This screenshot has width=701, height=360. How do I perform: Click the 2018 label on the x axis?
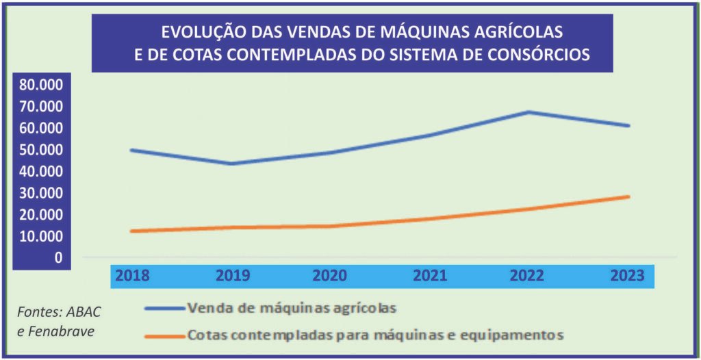point(132,276)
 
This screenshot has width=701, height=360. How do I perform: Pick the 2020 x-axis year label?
point(329,276)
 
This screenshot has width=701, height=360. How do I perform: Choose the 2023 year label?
point(628,276)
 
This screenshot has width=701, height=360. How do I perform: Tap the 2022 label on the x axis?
point(526,276)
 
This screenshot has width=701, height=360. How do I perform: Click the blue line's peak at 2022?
point(528,112)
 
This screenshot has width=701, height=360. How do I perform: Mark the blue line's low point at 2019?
point(231,164)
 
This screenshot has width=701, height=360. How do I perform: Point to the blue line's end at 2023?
point(628,126)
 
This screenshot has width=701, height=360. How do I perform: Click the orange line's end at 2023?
point(628,197)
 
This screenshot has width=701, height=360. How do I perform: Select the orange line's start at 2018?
point(132,231)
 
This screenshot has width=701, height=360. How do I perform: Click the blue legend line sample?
point(164,309)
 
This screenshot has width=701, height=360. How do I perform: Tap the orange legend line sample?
point(164,336)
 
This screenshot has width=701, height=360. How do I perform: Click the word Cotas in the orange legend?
point(206,336)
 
